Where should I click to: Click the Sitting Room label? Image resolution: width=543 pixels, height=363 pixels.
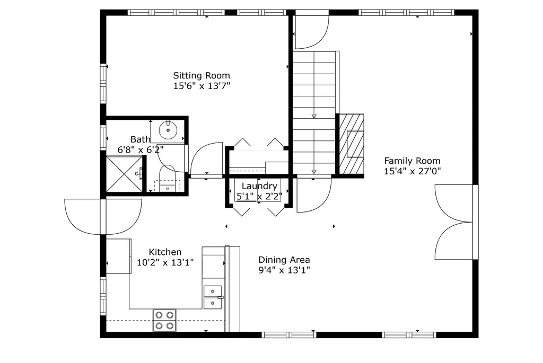(x=202, y=76)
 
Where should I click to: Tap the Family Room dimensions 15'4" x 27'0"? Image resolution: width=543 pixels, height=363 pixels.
(x=412, y=171)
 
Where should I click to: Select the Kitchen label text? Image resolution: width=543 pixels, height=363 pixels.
(x=165, y=252)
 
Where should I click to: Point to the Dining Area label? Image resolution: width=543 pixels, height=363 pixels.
(x=284, y=260)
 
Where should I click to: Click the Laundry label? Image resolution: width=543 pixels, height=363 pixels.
(x=259, y=186)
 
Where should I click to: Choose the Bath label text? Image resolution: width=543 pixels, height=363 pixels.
(x=140, y=139)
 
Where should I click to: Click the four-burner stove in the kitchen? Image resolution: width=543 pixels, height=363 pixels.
(x=164, y=320)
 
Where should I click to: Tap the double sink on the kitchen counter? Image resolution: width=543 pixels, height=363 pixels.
(x=213, y=297)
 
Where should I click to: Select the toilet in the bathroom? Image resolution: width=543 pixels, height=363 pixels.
(x=167, y=178)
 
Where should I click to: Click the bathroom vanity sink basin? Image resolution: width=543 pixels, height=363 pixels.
(x=168, y=129)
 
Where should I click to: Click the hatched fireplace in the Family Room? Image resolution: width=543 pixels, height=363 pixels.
(x=352, y=144)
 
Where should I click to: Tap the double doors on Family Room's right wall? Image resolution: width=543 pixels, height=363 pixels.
(x=453, y=222)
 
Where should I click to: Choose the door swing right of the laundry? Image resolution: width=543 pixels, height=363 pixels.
(x=312, y=194)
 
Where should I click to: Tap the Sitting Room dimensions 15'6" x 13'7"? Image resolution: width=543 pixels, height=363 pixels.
(x=202, y=86)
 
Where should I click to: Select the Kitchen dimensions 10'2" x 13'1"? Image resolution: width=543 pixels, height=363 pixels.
(x=165, y=262)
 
